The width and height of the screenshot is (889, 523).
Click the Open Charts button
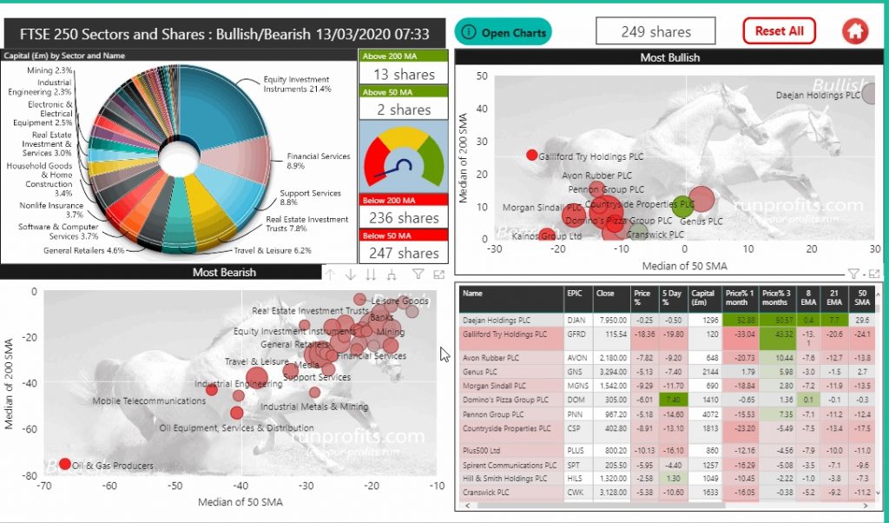tap(504, 32)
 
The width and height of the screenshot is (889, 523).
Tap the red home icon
tap(855, 31)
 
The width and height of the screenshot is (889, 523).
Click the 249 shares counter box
tap(656, 31)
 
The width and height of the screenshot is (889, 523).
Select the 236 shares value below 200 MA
tap(404, 218)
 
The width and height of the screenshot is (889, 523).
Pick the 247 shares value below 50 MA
tap(404, 253)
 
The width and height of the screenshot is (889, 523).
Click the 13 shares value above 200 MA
tap(404, 75)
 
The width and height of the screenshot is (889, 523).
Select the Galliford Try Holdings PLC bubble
tap(532, 156)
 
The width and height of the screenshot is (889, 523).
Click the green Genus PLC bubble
tap(682, 207)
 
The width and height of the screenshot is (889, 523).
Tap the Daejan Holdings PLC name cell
tap(510, 321)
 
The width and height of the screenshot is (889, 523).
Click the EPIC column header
tap(574, 294)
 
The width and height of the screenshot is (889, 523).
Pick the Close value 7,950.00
tap(611, 321)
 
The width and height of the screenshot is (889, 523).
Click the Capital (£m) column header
tap(705, 298)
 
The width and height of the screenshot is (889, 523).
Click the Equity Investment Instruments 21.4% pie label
tap(297, 84)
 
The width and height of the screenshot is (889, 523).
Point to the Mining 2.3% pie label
tap(50, 70)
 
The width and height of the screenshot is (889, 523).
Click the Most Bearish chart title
tap(224, 273)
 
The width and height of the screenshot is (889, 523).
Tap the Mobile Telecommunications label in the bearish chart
tap(148, 401)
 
